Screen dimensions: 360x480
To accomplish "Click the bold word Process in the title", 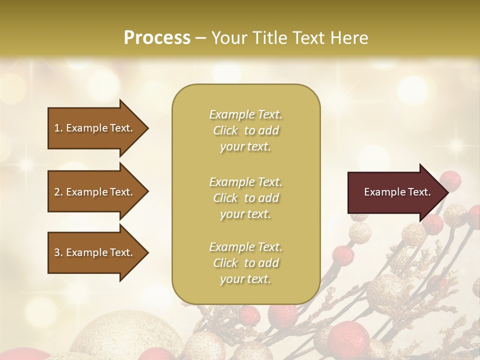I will coord(157,37).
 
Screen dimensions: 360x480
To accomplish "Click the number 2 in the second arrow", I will coord(57,192).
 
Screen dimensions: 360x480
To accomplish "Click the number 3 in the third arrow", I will coord(57,252).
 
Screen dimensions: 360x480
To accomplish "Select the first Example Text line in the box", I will coord(245,114).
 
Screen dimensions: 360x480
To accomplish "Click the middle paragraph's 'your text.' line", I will coord(245,214).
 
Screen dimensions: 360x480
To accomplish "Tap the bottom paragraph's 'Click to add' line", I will coord(245,263).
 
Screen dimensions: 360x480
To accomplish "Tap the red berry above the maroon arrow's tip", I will coord(451,179).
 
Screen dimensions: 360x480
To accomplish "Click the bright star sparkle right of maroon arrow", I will coord(456,145).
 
